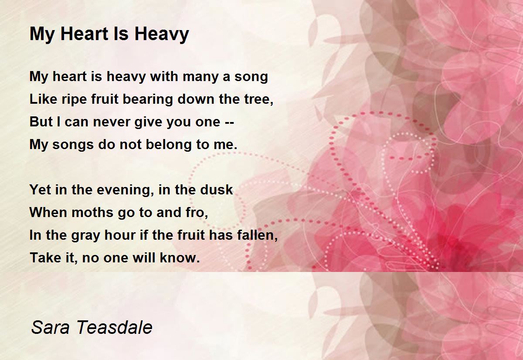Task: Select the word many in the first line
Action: coord(200,77)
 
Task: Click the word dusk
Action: coord(216,190)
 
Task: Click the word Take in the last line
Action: coord(44,258)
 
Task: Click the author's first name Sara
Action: coord(48,327)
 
